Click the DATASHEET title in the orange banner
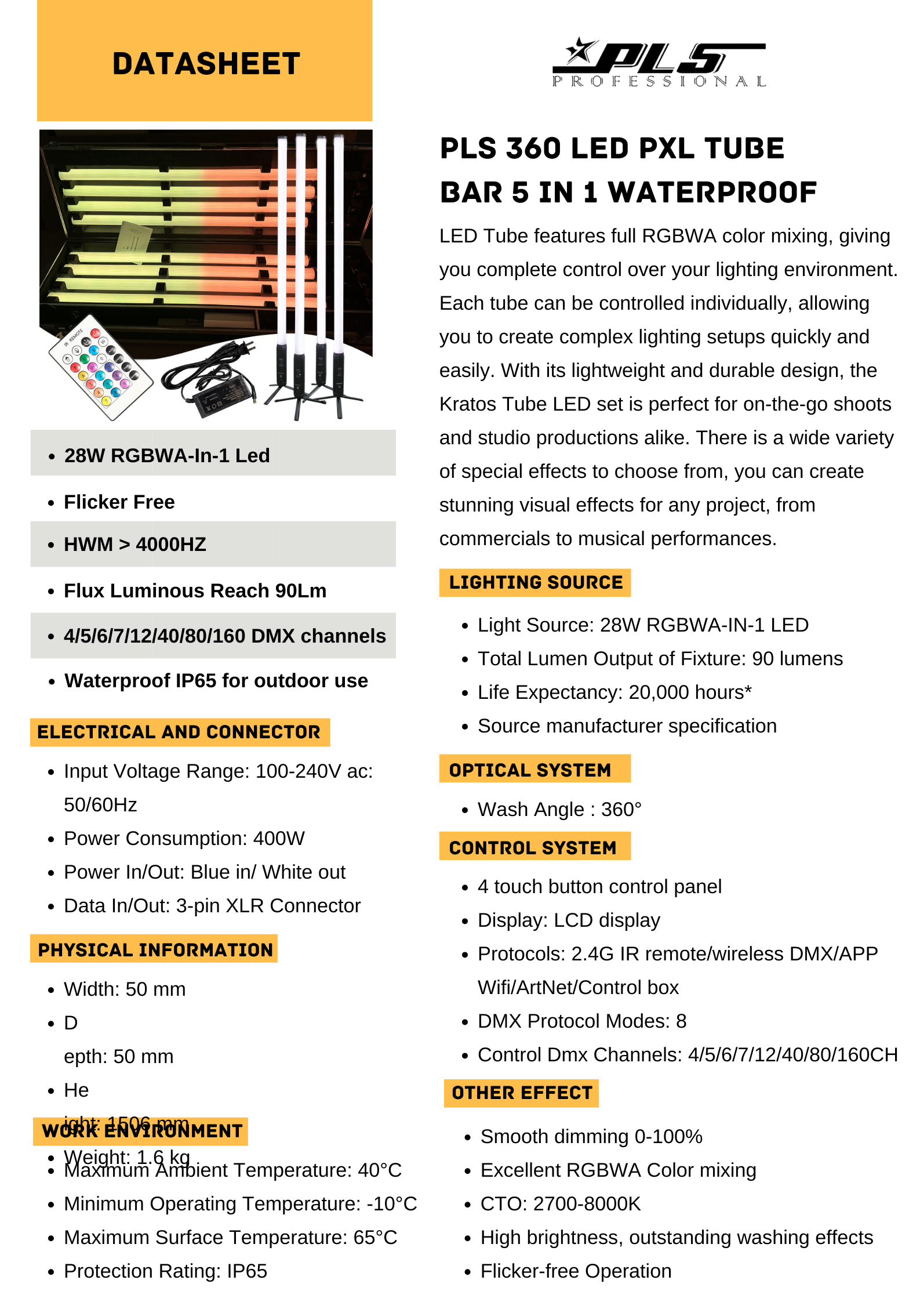pos(206,64)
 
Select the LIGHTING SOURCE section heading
pos(535,582)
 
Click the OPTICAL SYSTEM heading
pos(530,770)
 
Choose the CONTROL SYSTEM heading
pos(532,848)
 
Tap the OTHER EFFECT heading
pos(522,1093)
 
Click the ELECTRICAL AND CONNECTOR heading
pos(179,732)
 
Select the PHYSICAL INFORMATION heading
pos(155,950)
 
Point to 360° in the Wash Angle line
pos(621,810)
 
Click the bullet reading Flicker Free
pos(119,502)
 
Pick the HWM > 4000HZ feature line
pos(135,545)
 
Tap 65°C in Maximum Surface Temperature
pos(375,1238)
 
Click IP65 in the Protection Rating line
pos(247,1271)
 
